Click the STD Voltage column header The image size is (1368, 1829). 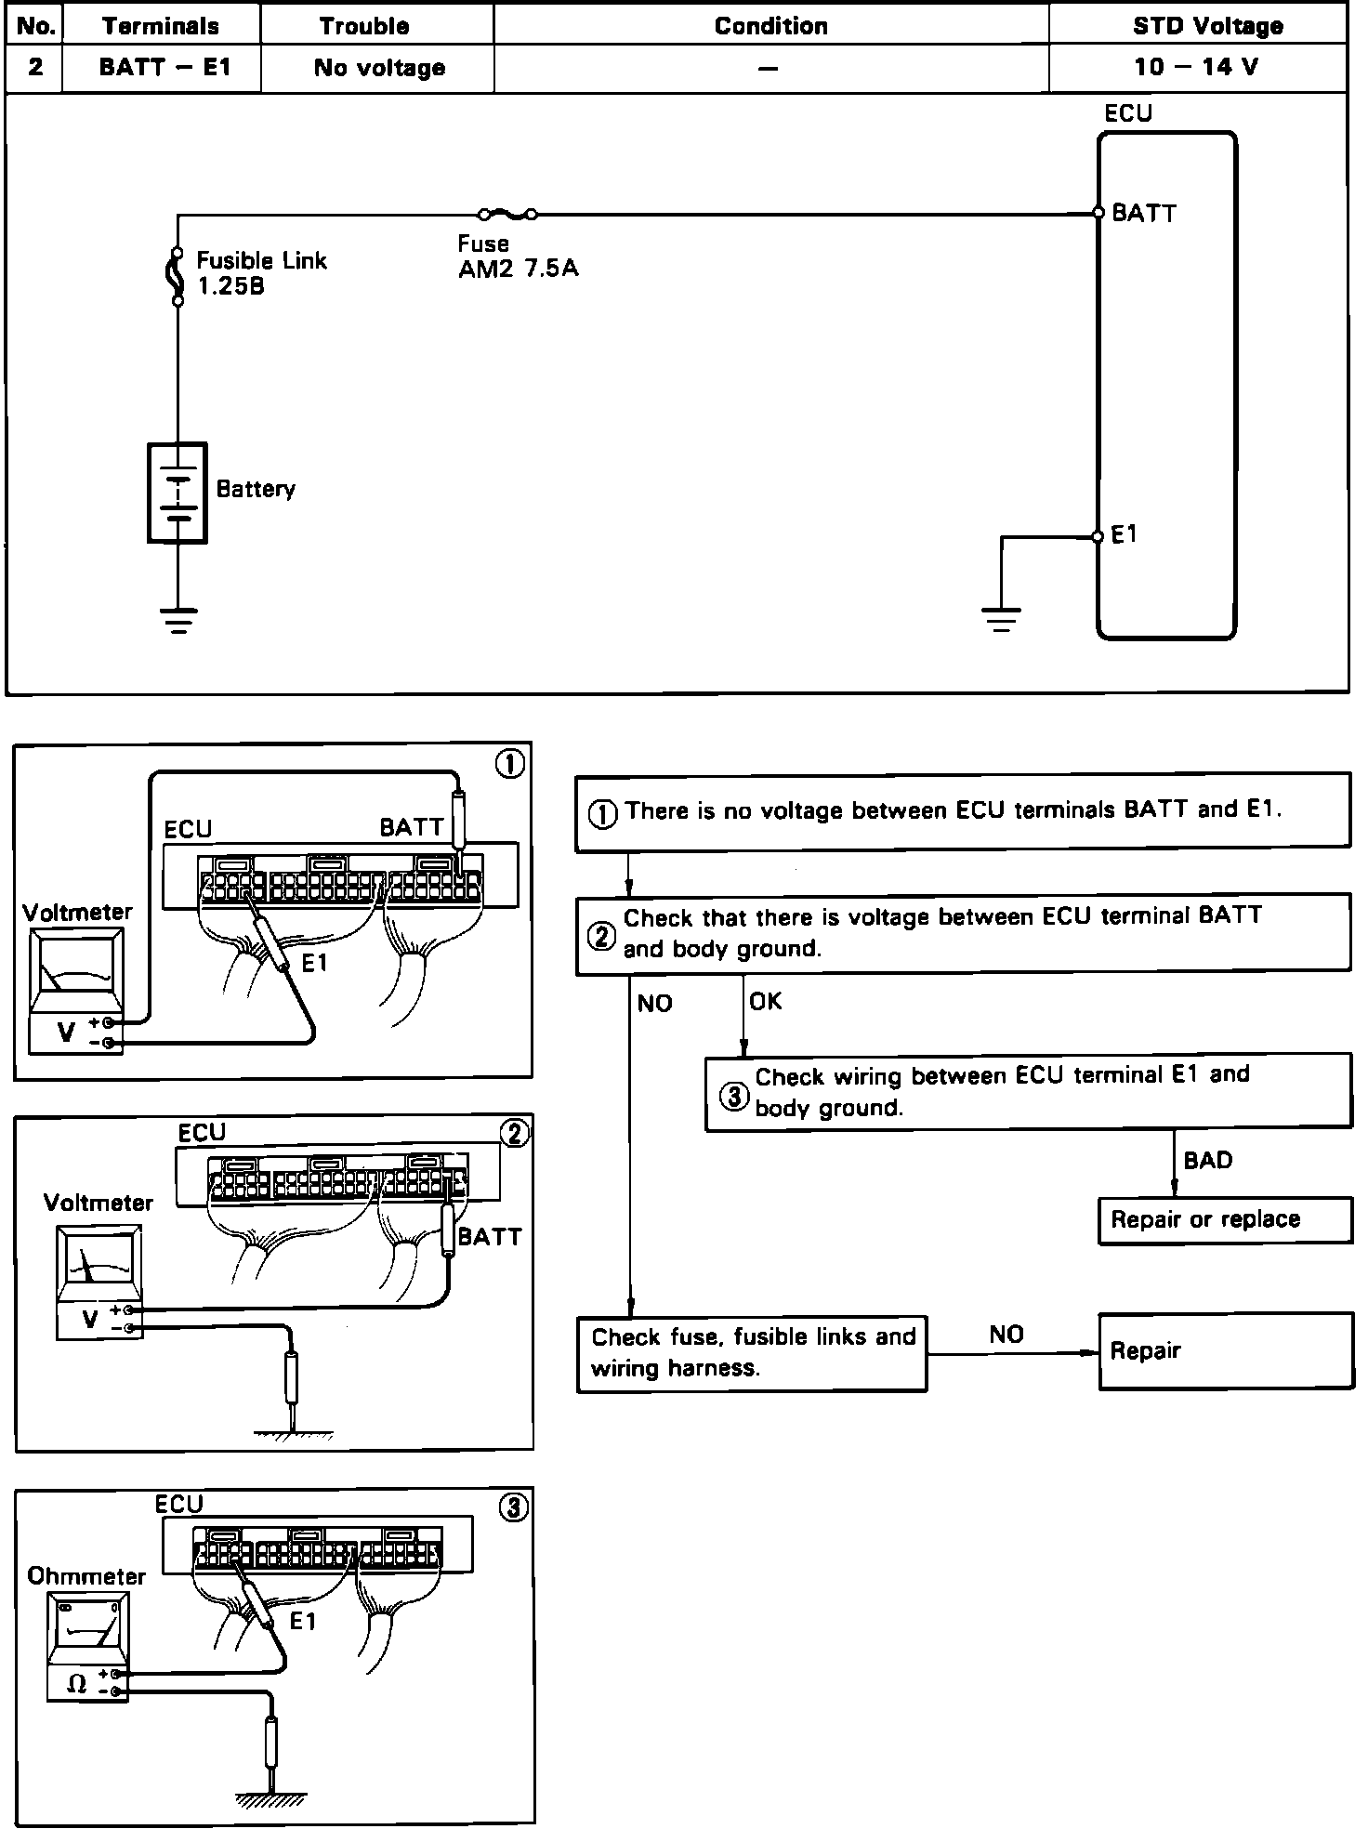point(1207,25)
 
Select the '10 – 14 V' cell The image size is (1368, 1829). point(1197,67)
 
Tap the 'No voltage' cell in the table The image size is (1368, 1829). point(378,67)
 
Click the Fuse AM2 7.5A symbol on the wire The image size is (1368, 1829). point(506,215)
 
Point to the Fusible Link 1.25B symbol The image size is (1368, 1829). point(177,275)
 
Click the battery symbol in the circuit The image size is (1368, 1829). point(177,493)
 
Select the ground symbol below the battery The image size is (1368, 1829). point(178,619)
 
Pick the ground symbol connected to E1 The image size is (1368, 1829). point(1001,619)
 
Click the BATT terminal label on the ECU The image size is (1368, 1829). point(1144,214)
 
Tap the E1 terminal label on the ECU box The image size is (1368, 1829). point(1125,534)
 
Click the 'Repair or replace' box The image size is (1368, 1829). point(1224,1219)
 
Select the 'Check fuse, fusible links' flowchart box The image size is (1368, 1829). point(752,1352)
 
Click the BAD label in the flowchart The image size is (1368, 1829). point(1208,1160)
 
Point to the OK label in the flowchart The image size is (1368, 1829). point(766,1001)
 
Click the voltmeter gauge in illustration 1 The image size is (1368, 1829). point(76,971)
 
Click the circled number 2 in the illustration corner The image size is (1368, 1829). point(514,1133)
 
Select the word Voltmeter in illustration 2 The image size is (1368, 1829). point(98,1203)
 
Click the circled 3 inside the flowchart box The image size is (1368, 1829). point(734,1096)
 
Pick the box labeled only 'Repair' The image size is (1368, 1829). point(1224,1350)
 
